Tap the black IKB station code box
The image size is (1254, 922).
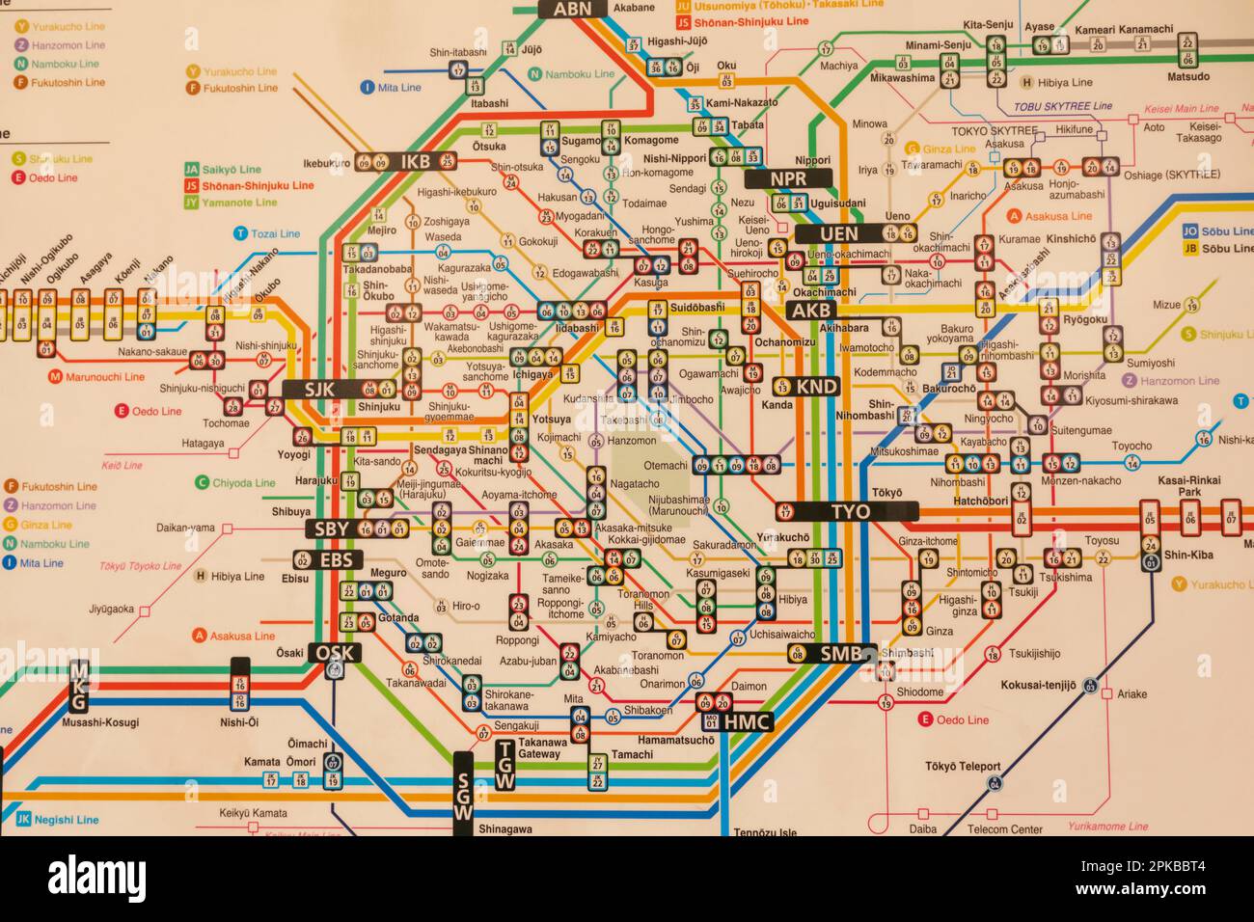[x=415, y=161]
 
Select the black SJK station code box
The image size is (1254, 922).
[x=318, y=390]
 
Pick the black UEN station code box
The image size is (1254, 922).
[x=838, y=233]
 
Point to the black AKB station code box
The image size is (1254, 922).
[x=811, y=310]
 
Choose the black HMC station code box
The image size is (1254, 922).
[x=748, y=721]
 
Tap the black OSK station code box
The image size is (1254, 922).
[x=335, y=653]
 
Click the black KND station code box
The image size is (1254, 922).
[x=817, y=387]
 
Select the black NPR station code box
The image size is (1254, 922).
[x=788, y=178]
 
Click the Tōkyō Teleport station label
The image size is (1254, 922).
[x=962, y=767]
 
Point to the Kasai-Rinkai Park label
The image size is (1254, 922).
[x=1188, y=485]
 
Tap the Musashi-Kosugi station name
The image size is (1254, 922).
[x=100, y=722]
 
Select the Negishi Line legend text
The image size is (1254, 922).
[x=67, y=820]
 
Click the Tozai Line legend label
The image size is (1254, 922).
[x=275, y=233]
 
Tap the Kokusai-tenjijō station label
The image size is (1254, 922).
[x=1038, y=686]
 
